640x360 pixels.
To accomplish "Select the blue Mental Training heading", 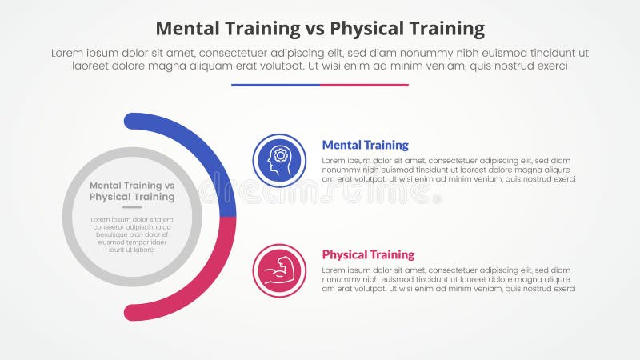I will (365, 145).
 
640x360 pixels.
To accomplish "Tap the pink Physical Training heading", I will (368, 254).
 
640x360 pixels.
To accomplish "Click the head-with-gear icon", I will (278, 160).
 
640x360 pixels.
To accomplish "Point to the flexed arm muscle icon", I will (278, 270).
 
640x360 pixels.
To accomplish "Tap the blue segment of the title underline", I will (275, 85).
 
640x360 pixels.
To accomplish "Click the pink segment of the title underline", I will (364, 85).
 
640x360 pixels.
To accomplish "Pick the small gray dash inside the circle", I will (132, 207).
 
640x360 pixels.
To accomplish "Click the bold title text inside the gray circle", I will (132, 191).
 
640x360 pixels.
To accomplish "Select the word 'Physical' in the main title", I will (370, 30).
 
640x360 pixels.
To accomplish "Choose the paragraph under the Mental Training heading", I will (448, 170).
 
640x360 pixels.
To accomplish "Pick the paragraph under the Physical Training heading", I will (448, 279).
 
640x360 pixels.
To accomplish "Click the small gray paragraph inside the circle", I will (132, 234).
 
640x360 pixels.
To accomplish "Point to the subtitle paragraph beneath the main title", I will (320, 59).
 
